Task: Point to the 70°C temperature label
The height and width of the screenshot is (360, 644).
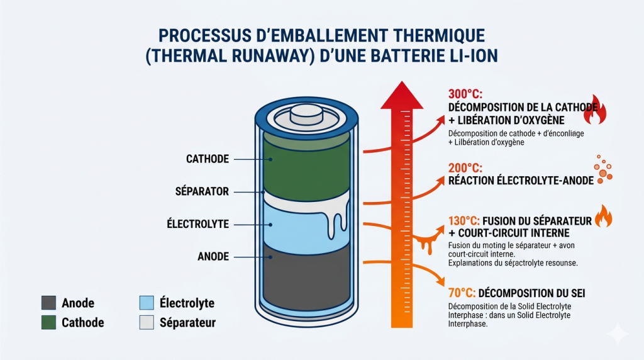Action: pyautogui.click(x=461, y=293)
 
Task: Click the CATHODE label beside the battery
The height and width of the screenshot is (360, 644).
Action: pyautogui.click(x=208, y=159)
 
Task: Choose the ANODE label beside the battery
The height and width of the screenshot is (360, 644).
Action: pyautogui.click(x=213, y=256)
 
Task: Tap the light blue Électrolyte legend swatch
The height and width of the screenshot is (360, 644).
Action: pyautogui.click(x=145, y=303)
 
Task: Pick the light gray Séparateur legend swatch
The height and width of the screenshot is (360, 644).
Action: pyautogui.click(x=145, y=323)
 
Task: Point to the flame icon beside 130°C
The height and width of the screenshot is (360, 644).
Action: pyautogui.click(x=603, y=217)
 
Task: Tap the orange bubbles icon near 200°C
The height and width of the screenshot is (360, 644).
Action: pyautogui.click(x=603, y=170)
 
